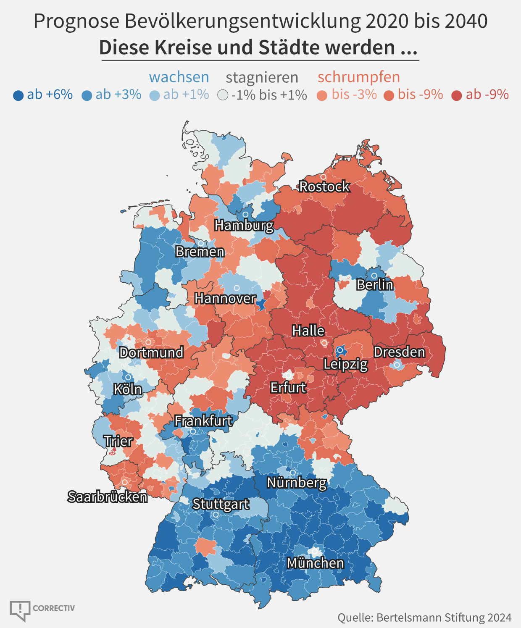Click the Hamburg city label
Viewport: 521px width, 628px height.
pos(244,225)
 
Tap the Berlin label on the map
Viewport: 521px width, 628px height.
pos(375,284)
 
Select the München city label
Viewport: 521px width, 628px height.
pos(315,563)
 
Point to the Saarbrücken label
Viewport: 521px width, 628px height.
pos(108,497)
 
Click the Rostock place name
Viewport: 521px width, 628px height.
pos(324,187)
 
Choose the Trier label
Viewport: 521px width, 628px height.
pos(118,441)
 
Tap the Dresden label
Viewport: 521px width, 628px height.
pos(400,352)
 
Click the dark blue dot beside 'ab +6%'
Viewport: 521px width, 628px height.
pos(18,95)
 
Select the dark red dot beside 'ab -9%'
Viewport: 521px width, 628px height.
pos(457,96)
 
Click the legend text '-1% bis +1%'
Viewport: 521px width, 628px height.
pos(269,95)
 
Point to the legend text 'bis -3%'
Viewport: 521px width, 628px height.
pos(354,95)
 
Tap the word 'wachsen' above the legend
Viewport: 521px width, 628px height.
pos(179,77)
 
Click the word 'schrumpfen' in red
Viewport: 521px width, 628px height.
pos(358,77)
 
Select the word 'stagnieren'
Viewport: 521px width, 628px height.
pos(262,78)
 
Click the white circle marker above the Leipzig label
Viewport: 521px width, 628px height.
pos(340,350)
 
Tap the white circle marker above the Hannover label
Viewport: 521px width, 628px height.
pos(237,288)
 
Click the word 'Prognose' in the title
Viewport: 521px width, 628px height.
pos(76,22)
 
